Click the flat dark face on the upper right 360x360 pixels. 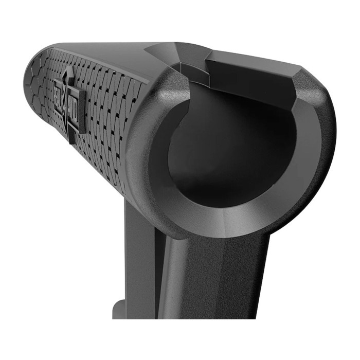click(x=252, y=77)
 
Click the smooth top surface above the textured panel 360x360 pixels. click(x=103, y=51)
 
